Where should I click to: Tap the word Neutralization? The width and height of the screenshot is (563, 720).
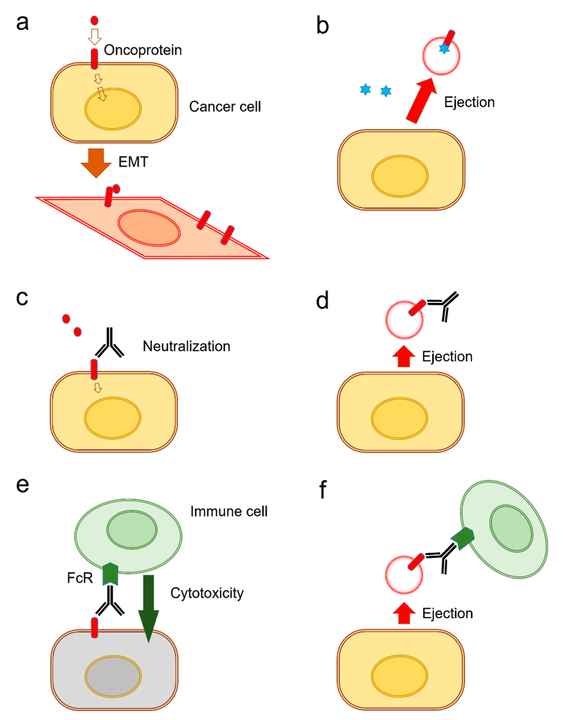click(186, 346)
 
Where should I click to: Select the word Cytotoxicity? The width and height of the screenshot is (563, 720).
click(207, 593)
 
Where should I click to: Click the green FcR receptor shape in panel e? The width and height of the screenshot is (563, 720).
click(110, 574)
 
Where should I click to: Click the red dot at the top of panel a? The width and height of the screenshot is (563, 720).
click(94, 20)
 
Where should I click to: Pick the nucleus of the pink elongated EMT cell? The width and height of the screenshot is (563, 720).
click(149, 228)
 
